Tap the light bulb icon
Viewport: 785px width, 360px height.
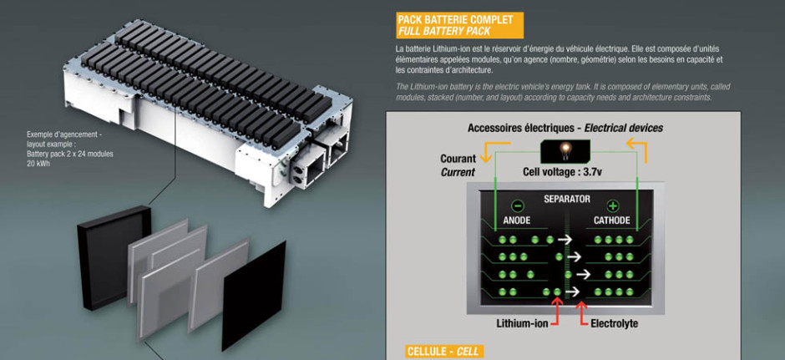point(565,150)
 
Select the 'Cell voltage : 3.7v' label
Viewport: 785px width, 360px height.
point(562,172)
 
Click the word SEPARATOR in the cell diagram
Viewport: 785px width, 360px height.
point(567,200)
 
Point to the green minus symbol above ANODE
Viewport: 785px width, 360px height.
point(518,205)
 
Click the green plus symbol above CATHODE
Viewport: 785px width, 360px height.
point(613,205)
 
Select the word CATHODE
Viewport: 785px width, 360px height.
point(612,221)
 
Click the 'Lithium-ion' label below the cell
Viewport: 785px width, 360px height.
point(523,323)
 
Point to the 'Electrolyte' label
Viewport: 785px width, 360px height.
point(615,323)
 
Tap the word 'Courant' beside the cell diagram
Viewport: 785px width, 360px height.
point(458,159)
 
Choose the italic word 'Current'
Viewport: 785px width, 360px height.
point(458,173)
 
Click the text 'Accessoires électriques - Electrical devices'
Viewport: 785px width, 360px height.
point(565,128)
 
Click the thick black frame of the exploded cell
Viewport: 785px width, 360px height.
point(113,257)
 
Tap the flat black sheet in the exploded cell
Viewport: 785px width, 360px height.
point(254,296)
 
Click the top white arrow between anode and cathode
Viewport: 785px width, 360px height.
point(565,241)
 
